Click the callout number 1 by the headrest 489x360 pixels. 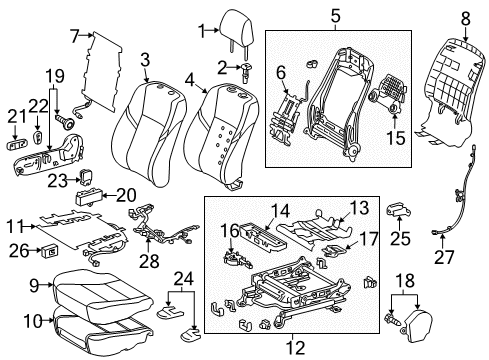(201, 29)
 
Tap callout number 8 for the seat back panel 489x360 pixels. (464, 17)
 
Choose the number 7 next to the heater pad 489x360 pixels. (75, 36)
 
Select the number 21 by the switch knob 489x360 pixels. (13, 116)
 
